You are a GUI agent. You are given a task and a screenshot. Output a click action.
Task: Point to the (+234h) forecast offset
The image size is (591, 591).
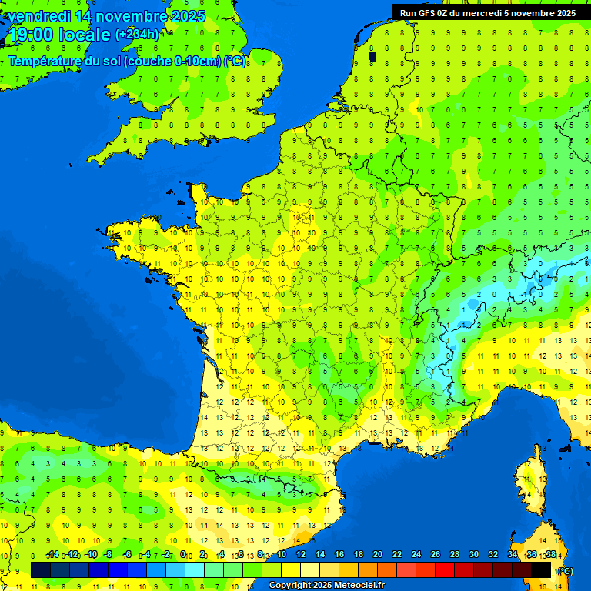point(137,35)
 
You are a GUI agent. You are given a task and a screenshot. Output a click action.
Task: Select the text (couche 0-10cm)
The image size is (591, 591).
point(172,61)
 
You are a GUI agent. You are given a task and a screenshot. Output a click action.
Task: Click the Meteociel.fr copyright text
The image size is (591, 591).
point(327,586)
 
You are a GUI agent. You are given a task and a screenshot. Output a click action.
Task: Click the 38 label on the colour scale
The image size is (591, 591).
point(550,555)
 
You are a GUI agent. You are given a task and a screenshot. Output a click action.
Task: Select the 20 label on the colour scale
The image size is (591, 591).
point(378,555)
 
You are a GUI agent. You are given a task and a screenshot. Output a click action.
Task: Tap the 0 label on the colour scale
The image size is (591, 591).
point(183,555)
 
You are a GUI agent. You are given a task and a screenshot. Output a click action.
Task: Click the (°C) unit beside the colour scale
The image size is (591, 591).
point(566,570)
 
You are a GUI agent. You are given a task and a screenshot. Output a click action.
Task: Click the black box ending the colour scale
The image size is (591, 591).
point(541,569)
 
